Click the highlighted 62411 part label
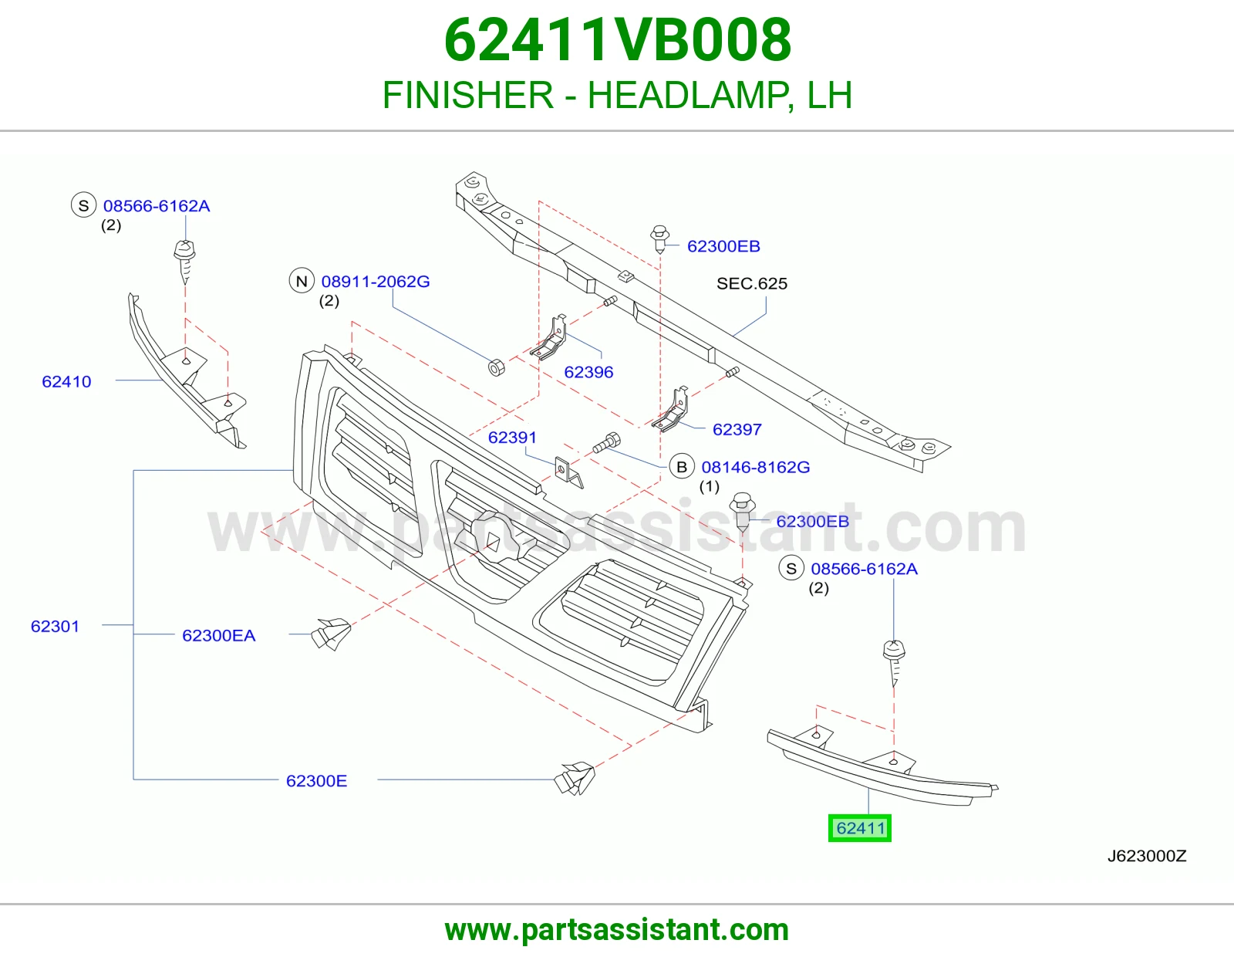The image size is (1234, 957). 860,828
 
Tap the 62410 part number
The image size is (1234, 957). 66,381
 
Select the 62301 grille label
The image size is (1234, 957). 55,626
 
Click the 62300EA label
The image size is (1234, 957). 218,635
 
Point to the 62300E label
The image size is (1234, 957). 316,781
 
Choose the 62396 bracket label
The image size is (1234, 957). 589,372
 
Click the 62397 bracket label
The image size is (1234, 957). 737,430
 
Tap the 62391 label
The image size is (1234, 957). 512,438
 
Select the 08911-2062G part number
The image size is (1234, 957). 376,281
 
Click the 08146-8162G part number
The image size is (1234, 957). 756,467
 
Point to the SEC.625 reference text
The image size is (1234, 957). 752,283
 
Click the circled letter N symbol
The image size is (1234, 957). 302,281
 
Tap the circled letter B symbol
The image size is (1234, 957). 682,467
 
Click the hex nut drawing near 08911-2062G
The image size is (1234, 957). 497,367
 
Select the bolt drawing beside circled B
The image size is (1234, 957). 606,443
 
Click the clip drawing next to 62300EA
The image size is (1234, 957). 331,634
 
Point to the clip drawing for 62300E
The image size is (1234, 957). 575,779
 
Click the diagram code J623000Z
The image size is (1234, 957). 1147,857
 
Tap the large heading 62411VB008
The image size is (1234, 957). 617,40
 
